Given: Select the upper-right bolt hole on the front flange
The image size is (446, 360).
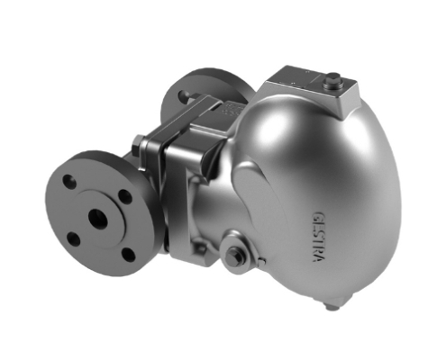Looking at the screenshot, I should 123,193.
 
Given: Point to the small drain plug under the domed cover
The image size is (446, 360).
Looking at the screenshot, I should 333,306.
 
